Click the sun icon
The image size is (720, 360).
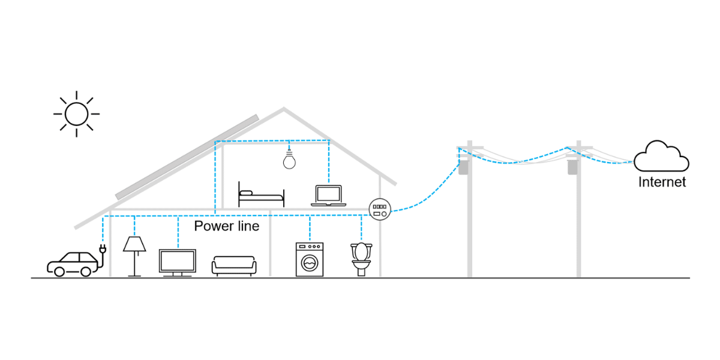tap(76, 113)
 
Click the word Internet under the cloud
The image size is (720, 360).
tap(662, 182)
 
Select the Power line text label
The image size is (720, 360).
tap(227, 226)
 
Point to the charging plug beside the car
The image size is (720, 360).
tap(102, 248)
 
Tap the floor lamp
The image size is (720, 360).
tap(134, 256)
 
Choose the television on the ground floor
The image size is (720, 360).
tap(177, 262)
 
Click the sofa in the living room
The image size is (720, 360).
tap(234, 265)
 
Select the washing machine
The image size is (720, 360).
tap(309, 259)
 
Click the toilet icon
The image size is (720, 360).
tap(361, 258)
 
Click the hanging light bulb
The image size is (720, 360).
tap(290, 160)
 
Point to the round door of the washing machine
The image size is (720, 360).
tap(309, 263)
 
